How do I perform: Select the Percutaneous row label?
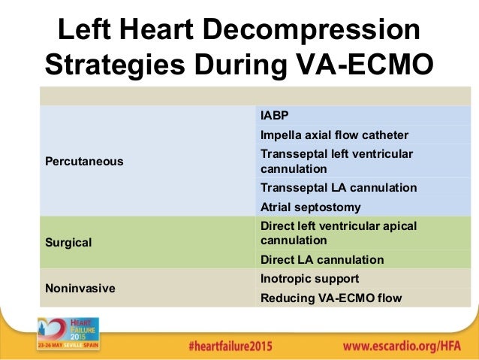point(83,162)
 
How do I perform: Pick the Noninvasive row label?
point(74,289)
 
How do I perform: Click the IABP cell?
point(274,116)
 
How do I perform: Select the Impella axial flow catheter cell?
point(334,135)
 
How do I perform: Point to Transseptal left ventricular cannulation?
point(337,161)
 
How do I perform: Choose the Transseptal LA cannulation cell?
point(338,188)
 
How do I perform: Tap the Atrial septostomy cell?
point(310,207)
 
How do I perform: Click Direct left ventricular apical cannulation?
point(338,233)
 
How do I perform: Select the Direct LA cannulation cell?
point(321,260)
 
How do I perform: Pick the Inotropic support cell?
point(309,279)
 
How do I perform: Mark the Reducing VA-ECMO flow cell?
point(330,298)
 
